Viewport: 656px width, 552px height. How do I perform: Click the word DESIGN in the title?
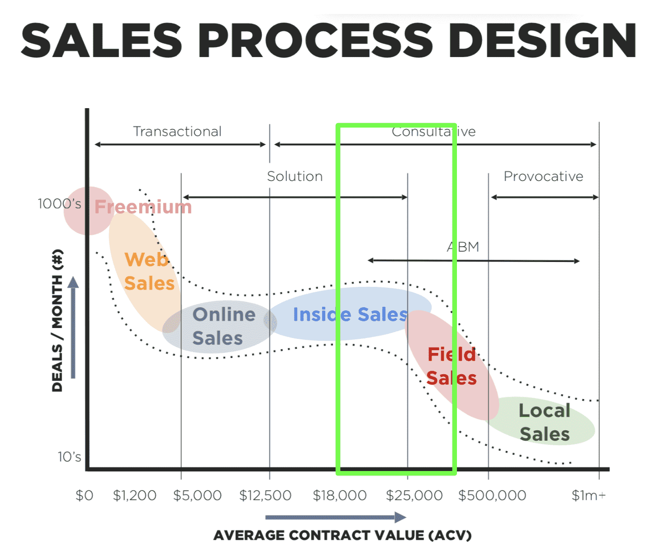click(x=542, y=40)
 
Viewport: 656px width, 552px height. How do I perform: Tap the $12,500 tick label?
click(x=265, y=495)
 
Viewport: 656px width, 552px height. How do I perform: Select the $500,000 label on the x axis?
click(x=492, y=495)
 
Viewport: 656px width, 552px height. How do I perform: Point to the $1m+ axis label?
click(x=589, y=495)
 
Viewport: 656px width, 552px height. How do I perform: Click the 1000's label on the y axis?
click(x=59, y=204)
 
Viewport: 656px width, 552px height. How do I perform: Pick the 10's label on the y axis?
click(x=69, y=457)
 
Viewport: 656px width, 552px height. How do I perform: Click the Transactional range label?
click(x=177, y=131)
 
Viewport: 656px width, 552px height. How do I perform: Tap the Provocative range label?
click(x=543, y=176)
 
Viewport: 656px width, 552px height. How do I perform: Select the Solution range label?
click(x=295, y=176)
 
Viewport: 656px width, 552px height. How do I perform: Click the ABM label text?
click(x=463, y=247)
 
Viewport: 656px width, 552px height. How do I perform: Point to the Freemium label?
click(x=143, y=207)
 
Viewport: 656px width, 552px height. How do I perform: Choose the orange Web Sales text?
click(x=149, y=271)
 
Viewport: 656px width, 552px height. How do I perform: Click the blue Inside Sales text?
click(x=350, y=314)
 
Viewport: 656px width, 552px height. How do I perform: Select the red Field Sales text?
click(x=452, y=366)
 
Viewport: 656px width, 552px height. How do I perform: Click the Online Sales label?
click(x=223, y=326)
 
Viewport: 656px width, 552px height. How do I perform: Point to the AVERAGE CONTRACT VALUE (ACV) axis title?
click(x=342, y=535)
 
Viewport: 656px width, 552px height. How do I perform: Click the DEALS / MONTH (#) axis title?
click(x=57, y=320)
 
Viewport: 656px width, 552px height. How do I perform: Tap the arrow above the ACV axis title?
click(x=336, y=517)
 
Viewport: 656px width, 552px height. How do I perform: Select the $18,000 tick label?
click(x=340, y=495)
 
